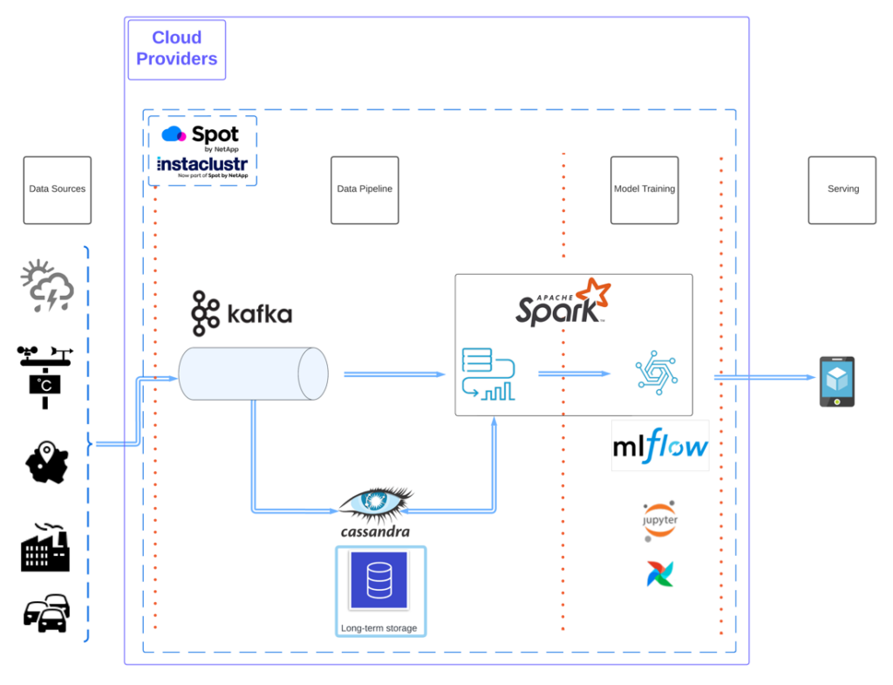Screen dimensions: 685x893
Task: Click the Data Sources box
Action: tap(57, 189)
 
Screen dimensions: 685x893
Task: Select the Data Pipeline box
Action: tap(365, 189)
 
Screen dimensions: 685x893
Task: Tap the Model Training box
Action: tap(644, 189)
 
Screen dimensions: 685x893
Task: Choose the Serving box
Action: tap(842, 189)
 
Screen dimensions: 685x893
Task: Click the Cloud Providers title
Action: tap(177, 49)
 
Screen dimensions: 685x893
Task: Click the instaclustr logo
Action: tap(201, 166)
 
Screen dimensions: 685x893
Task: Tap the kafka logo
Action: tap(242, 312)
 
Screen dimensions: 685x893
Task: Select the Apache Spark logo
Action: tap(562, 304)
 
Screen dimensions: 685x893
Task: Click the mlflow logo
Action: tap(660, 446)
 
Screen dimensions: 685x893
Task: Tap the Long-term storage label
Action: tap(379, 628)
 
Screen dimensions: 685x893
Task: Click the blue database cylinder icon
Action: tap(379, 580)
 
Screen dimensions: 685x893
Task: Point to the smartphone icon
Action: tap(836, 381)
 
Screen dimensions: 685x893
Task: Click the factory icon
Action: tap(44, 547)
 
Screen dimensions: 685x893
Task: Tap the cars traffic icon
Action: tap(45, 613)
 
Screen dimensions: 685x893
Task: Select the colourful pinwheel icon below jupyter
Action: tap(659, 573)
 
